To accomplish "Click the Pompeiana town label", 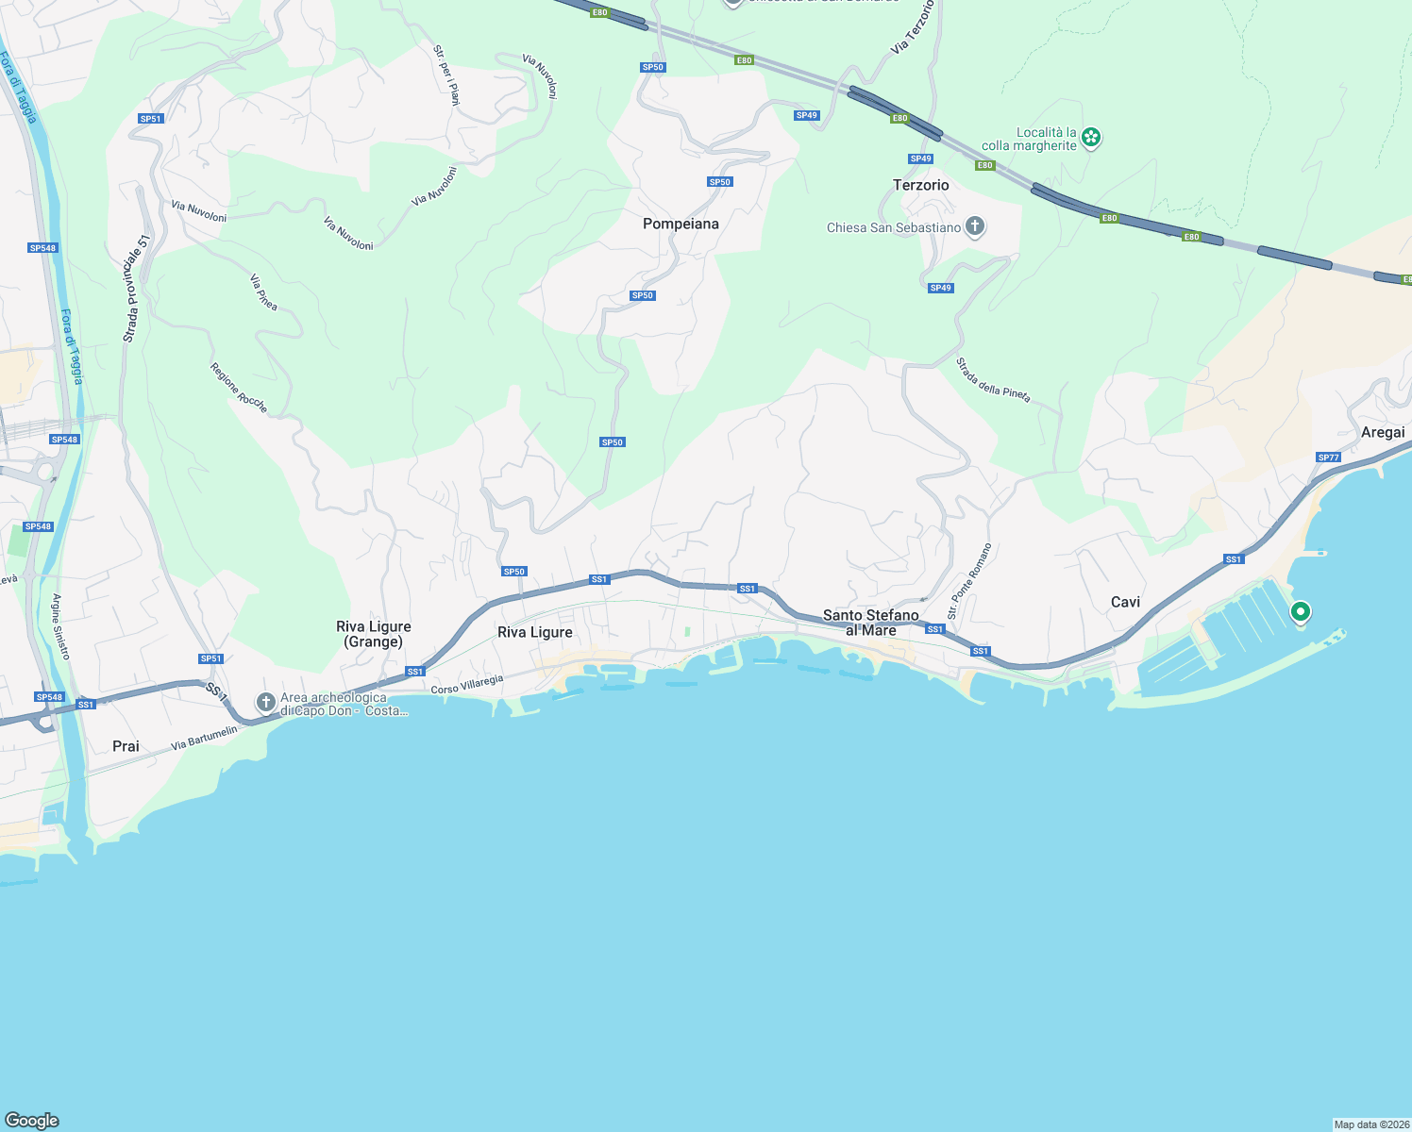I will point(681,224).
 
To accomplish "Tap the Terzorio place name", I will point(920,185).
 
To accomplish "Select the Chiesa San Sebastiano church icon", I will point(975,226).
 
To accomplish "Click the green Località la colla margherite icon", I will point(1091,138).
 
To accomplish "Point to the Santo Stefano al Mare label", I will point(870,623).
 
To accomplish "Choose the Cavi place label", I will point(1125,602).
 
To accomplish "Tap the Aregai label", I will point(1383,432).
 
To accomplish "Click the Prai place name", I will point(126,746).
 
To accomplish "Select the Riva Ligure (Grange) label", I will point(374,634).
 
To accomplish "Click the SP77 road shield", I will point(1328,458).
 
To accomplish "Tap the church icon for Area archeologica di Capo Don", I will point(266,702).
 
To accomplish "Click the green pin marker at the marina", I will point(1300,612).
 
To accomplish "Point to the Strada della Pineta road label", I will point(993,379).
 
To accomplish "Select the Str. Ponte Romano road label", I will point(969,581).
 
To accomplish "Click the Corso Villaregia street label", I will point(466,684).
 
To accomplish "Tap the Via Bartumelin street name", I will point(204,739).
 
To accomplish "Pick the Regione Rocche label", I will point(239,388).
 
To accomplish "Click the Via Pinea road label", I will point(263,292).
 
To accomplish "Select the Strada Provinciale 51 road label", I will point(137,289).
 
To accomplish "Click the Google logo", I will point(32,1121).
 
